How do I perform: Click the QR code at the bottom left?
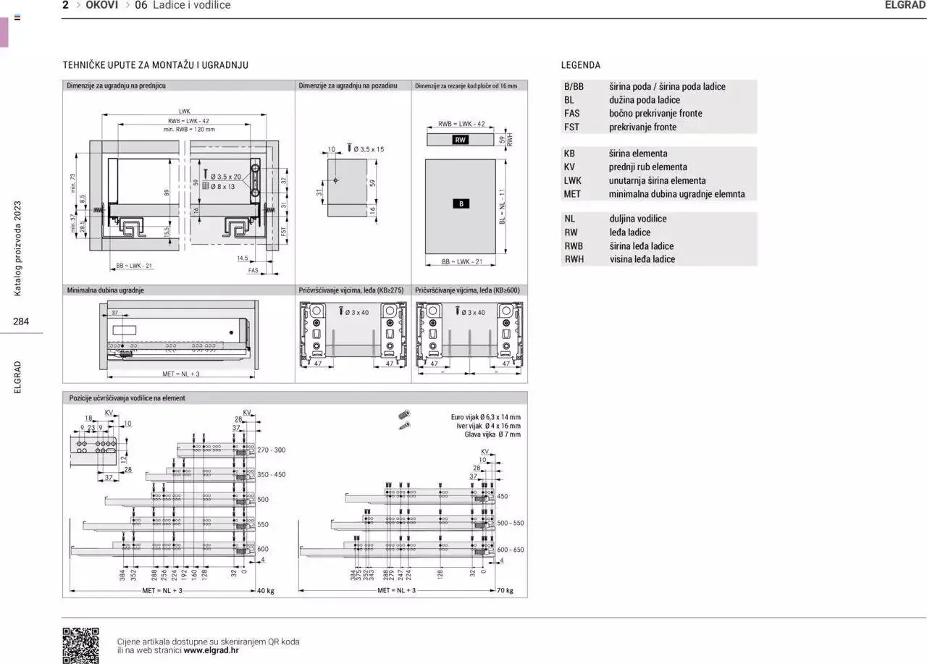[x=80, y=645]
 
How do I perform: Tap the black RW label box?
[x=461, y=140]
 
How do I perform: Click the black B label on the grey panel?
[x=461, y=203]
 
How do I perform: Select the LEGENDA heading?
[x=581, y=65]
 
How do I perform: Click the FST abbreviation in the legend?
[x=572, y=127]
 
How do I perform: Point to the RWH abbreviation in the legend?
[x=574, y=259]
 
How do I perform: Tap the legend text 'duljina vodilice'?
[x=638, y=219]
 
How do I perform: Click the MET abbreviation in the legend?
[x=572, y=194]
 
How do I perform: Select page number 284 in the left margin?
[x=21, y=322]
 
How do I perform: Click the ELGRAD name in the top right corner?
[x=905, y=5]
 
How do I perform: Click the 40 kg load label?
[x=266, y=591]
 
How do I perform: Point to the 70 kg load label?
[x=505, y=591]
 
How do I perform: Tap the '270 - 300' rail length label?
[x=272, y=450]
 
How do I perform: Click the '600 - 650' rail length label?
[x=511, y=550]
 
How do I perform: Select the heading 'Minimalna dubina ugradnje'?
[x=106, y=290]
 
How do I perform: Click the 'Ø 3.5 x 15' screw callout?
[x=369, y=149]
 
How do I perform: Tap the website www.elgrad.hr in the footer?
[x=211, y=650]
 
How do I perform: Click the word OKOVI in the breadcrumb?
[x=102, y=5]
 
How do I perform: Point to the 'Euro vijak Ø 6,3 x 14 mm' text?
[x=485, y=417]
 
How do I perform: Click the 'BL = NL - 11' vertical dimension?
[x=502, y=207]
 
